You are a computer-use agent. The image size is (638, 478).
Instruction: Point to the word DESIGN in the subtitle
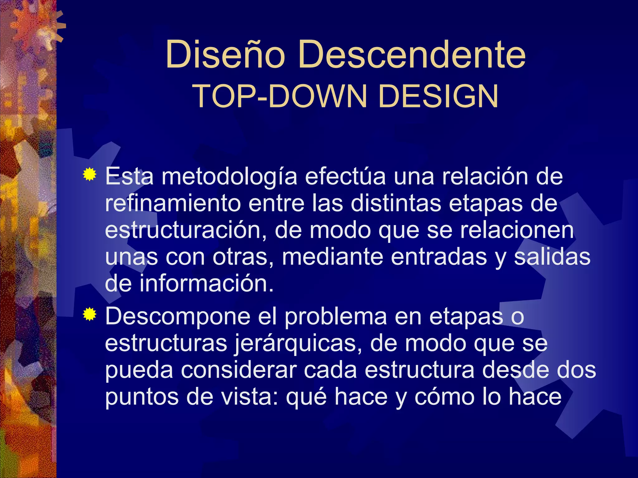click(438, 96)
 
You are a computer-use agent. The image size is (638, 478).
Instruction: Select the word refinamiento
click(173, 204)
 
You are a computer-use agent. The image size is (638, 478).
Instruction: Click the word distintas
click(396, 204)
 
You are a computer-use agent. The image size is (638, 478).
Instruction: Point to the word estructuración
click(186, 230)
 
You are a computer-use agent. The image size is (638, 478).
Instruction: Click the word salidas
click(552, 257)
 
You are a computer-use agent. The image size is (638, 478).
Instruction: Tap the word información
click(206, 284)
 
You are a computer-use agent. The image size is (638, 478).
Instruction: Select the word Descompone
click(178, 316)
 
